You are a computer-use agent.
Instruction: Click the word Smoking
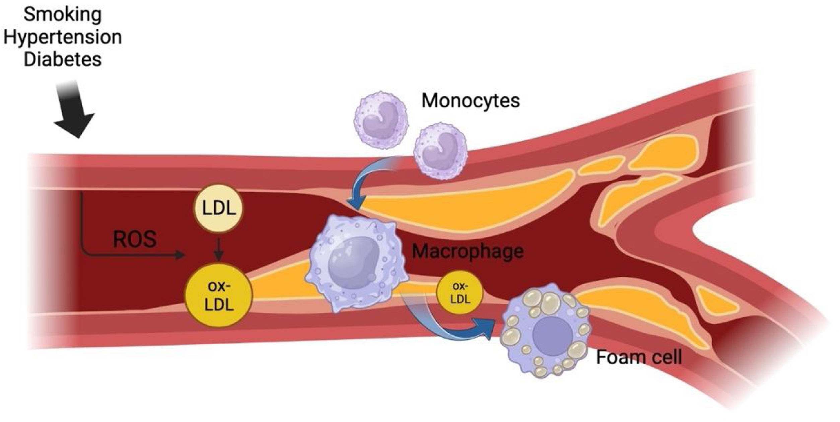pyautogui.click(x=62, y=15)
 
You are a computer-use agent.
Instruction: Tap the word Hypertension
pyautogui.click(x=62, y=37)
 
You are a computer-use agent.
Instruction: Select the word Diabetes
pyautogui.click(x=62, y=59)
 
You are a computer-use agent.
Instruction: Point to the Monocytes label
pyautogui.click(x=470, y=100)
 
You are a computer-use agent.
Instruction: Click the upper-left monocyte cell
pyautogui.click(x=381, y=120)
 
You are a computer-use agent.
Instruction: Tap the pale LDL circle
pyautogui.click(x=218, y=208)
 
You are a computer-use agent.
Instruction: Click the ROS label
pyautogui.click(x=134, y=239)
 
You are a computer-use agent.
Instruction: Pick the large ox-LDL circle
pyautogui.click(x=218, y=295)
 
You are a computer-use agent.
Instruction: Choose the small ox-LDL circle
pyautogui.click(x=460, y=292)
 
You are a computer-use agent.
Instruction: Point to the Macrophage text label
pyautogui.click(x=468, y=252)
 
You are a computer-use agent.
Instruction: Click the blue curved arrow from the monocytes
pyautogui.click(x=368, y=188)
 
